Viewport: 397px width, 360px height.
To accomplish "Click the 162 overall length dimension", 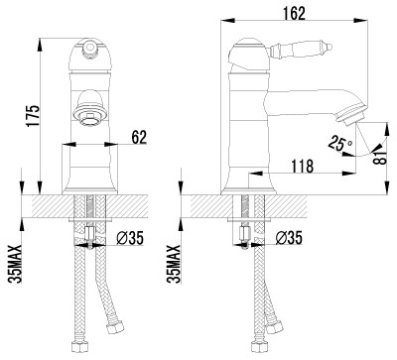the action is pos(294,13).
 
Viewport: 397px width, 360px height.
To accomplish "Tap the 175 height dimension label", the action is pos(33,115).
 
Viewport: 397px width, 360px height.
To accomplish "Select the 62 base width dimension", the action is pos(139,137).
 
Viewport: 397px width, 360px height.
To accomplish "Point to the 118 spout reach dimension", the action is pos(302,166).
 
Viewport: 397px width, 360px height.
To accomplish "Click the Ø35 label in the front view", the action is pos(130,238).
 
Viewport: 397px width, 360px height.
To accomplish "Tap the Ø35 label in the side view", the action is pos(289,238).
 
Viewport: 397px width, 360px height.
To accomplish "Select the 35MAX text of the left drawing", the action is pos(15,264).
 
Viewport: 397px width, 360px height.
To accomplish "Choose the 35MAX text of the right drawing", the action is pos(174,264).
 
